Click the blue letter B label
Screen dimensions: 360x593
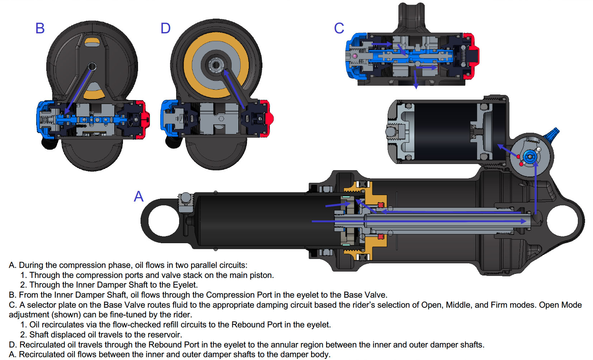(40, 28)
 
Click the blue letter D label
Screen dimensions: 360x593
(165, 28)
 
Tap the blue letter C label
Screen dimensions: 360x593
(339, 28)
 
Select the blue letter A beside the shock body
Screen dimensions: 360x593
(139, 196)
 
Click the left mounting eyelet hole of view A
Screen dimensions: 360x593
(163, 221)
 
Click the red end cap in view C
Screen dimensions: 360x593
(473, 56)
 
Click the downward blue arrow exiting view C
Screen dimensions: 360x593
(416, 79)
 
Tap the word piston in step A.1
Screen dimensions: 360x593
(261, 275)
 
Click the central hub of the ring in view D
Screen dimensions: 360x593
(216, 65)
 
